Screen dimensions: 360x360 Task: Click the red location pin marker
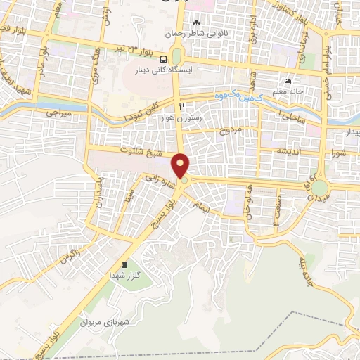181,166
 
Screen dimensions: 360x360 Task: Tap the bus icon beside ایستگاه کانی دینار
163,60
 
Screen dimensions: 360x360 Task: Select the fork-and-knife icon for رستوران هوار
182,105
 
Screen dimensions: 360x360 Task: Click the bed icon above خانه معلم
287,80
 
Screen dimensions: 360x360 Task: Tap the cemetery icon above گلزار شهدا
125,264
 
